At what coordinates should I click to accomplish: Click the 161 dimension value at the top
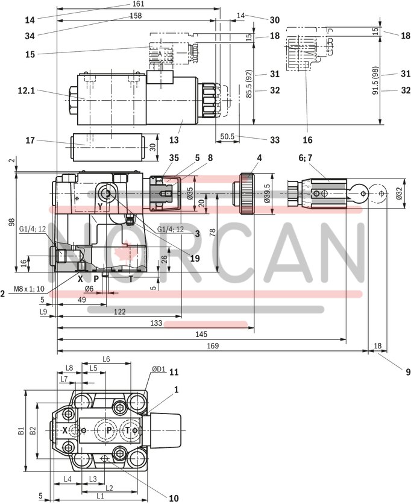coord(138,4)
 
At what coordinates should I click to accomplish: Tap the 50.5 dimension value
coord(227,137)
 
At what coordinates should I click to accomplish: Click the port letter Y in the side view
coord(101,206)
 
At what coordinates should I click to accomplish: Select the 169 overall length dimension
coord(212,346)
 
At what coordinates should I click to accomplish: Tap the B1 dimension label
coord(20,430)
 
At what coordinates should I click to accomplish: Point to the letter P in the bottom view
coord(109,430)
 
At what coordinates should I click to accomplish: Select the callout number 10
coord(174,498)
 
